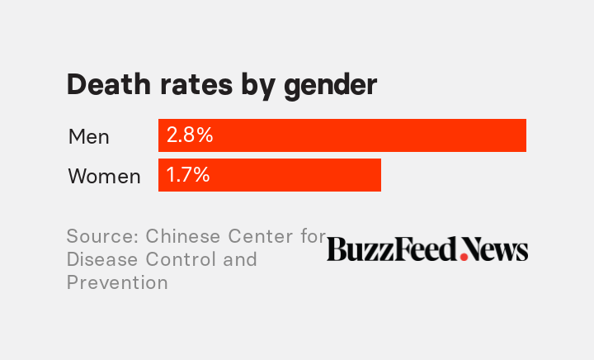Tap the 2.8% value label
190,135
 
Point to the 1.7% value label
188,175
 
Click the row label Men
88,136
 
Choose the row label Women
104,176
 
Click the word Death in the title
104,85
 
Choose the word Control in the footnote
181,259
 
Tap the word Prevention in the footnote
117,282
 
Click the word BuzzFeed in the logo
392,249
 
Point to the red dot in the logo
464,257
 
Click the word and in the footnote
240,259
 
